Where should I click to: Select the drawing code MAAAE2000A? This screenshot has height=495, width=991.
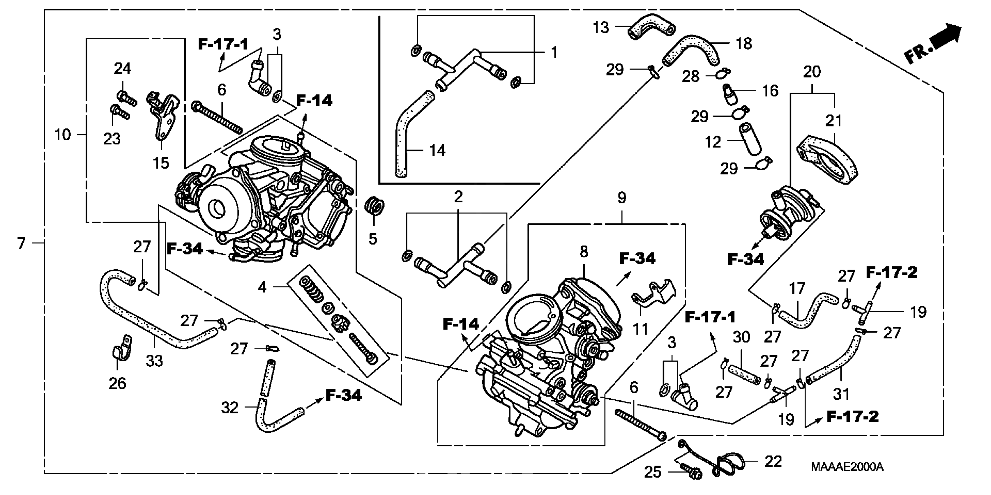[x=847, y=467]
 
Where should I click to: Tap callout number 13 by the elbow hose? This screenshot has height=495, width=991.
[x=601, y=28]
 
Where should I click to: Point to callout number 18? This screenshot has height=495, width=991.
[x=744, y=44]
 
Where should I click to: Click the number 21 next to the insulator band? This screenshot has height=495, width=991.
[x=834, y=121]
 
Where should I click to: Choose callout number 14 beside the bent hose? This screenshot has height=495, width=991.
[x=437, y=150]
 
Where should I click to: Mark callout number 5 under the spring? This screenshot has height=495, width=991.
[x=372, y=239]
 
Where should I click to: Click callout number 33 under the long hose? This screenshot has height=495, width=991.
[x=154, y=361]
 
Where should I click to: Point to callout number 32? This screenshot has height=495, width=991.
[x=230, y=408]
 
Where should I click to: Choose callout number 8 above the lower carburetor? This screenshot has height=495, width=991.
[x=584, y=252]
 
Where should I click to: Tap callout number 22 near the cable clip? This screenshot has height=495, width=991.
[x=773, y=462]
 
